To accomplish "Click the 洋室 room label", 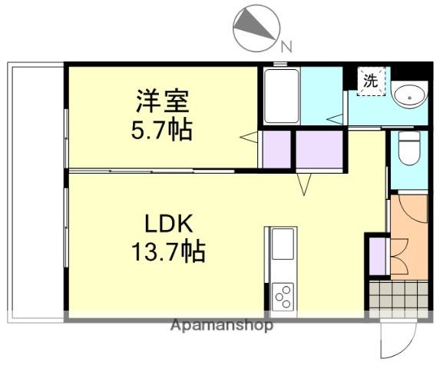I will pos(162,100).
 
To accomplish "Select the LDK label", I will pos(174,224).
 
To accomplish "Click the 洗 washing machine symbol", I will pos(371,81).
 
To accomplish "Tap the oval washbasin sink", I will pos(411,96).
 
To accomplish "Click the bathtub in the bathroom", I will pos(282,96).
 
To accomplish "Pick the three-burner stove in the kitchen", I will pos(283,296).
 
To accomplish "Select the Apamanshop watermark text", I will pos(222,325).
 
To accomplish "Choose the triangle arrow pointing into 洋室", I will pos(248,138).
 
